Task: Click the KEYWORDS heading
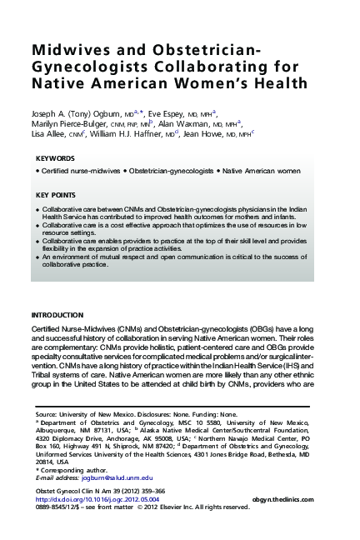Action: pos(56,158)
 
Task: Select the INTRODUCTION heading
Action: pos(57,316)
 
